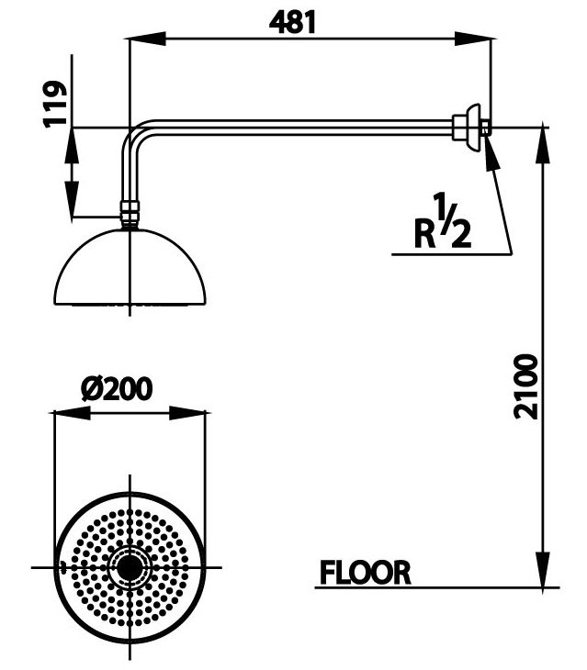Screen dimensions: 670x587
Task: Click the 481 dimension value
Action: (292, 20)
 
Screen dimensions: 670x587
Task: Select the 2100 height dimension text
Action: (526, 385)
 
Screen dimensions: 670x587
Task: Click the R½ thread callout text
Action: (443, 224)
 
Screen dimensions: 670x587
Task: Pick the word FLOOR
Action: (365, 573)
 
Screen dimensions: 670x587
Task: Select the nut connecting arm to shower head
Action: (130, 216)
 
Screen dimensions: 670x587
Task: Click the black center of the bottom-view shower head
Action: (130, 567)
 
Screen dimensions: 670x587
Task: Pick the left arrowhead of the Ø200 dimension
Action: (70, 412)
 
